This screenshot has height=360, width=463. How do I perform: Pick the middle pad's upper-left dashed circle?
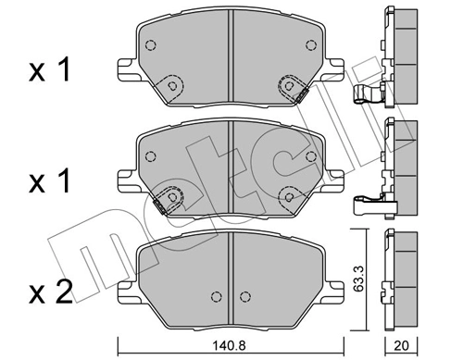coord(152,155)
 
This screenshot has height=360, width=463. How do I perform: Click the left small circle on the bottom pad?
coord(216,297)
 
